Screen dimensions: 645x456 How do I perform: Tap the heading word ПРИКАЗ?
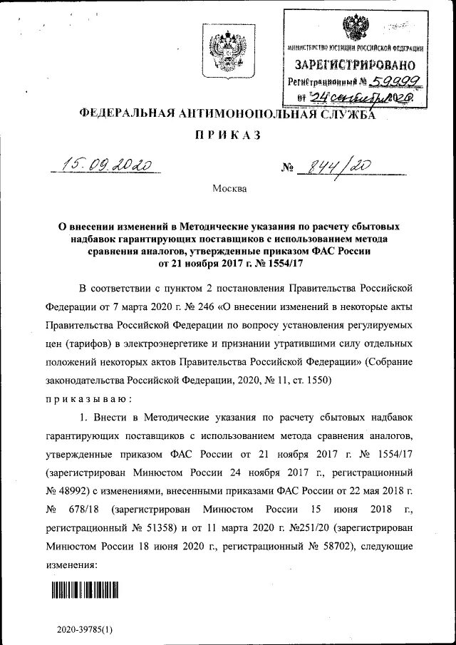pyautogui.click(x=228, y=135)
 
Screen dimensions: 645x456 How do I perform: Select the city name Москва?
pyautogui.click(x=229, y=189)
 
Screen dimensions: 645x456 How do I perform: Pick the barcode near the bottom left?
pyautogui.click(x=84, y=590)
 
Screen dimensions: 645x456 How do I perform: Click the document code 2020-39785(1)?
pyautogui.click(x=85, y=630)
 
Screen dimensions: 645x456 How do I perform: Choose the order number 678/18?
pyautogui.click(x=92, y=510)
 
